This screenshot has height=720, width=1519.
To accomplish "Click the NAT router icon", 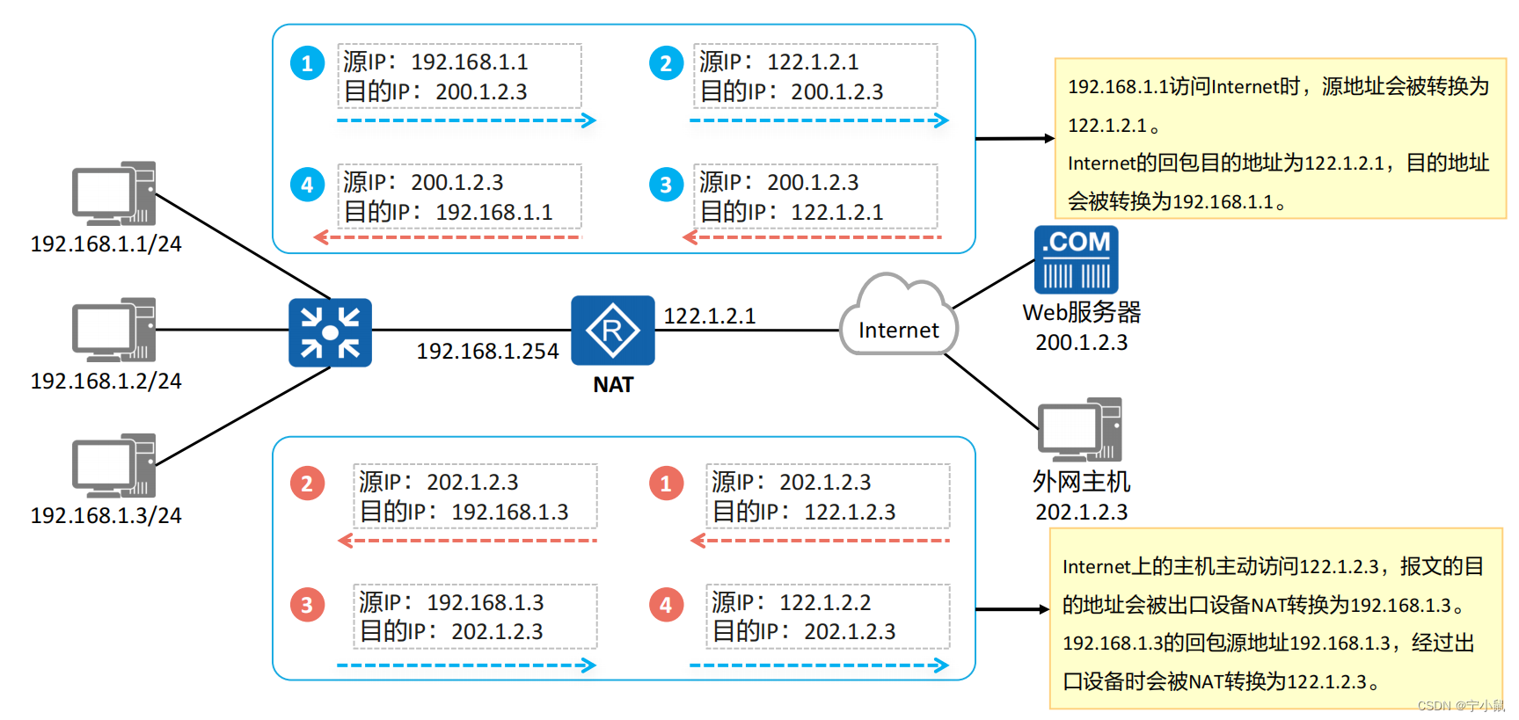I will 612,331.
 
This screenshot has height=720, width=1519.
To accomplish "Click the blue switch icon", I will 330,332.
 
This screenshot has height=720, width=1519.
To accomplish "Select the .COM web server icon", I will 1076,259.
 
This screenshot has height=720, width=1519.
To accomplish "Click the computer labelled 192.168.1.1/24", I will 114,193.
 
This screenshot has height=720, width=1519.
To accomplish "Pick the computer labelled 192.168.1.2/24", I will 114,330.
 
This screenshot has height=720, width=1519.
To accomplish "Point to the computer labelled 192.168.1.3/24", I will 114,466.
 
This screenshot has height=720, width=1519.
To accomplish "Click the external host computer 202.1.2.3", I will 1080,430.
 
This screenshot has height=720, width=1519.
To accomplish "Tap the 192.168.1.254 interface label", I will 487,352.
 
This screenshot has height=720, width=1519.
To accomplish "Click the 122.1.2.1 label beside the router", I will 709,316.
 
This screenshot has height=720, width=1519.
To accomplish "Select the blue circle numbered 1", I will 307,63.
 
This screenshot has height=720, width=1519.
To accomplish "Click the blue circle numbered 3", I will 666,185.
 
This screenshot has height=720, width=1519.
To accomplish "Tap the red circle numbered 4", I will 666,605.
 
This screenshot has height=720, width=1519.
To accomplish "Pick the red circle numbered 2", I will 307,484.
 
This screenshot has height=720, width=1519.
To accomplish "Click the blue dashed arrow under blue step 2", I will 819,120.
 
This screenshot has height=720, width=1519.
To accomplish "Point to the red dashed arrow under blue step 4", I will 448,237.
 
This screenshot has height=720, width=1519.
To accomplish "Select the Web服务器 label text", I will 1081,312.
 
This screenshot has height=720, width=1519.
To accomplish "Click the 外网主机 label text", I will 1081,482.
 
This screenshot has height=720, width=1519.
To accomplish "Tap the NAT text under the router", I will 613,385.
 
